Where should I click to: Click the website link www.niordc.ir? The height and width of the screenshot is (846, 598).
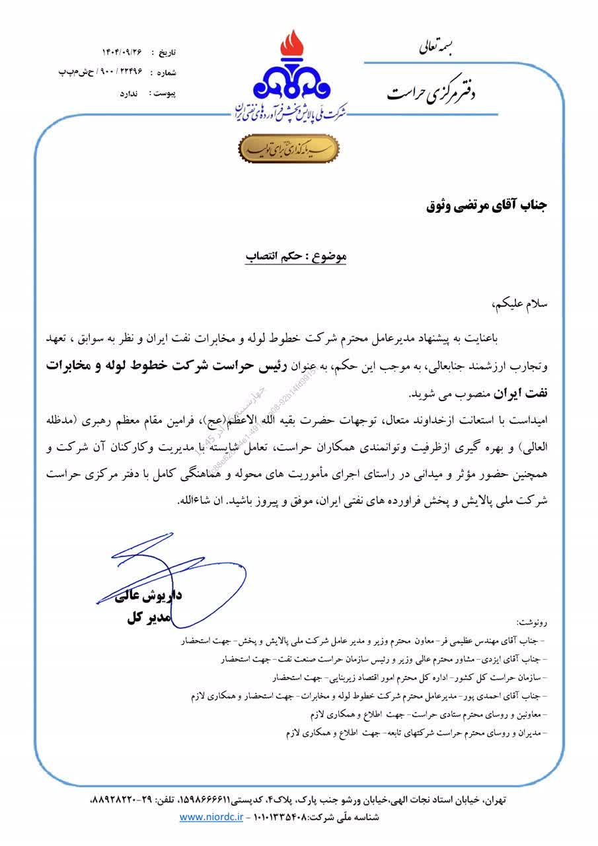210,817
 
